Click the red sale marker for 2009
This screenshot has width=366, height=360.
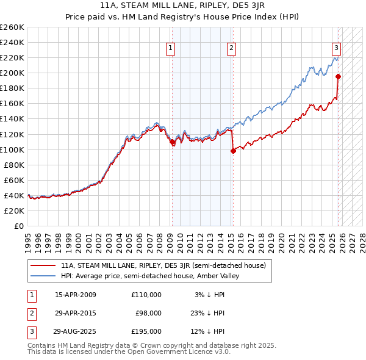pos(172,142)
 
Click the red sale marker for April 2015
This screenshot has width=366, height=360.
pos(233,151)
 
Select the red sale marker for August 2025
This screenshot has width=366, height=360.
pos(338,76)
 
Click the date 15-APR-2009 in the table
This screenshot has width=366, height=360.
pos(76,295)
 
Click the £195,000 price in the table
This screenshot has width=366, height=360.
pos(146,331)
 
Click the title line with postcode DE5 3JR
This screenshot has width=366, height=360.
pos(182,6)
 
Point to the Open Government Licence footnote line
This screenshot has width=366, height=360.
pos(129,351)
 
